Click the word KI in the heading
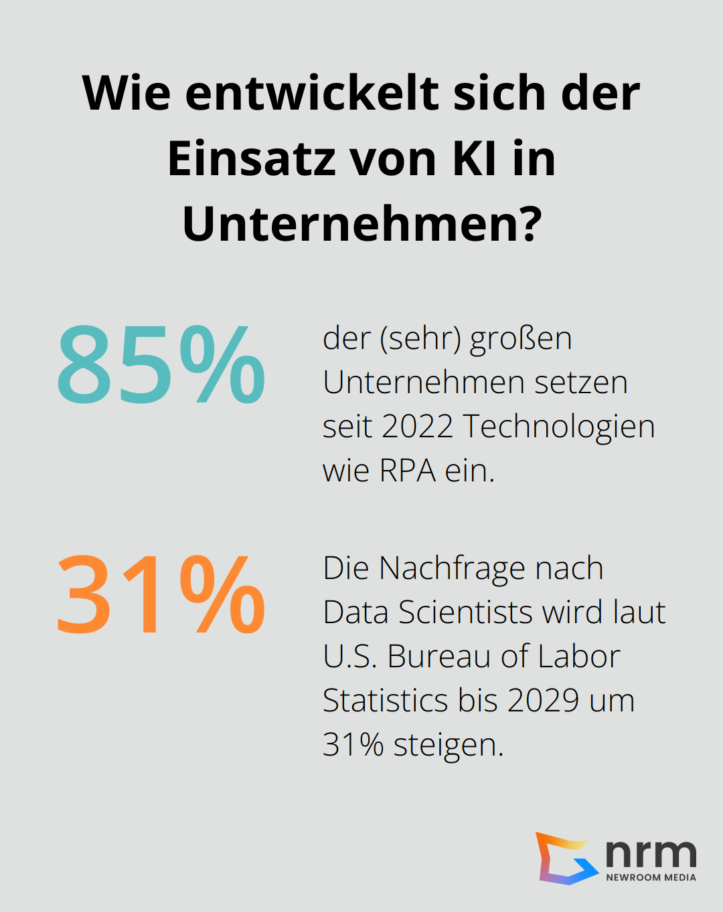tap(475, 159)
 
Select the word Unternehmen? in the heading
tap(361, 224)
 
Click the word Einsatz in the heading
tap(252, 159)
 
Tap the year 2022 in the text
tap(417, 427)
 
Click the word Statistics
tap(386, 701)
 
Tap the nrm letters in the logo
tap(651, 852)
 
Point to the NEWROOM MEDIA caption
tap(651, 877)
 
